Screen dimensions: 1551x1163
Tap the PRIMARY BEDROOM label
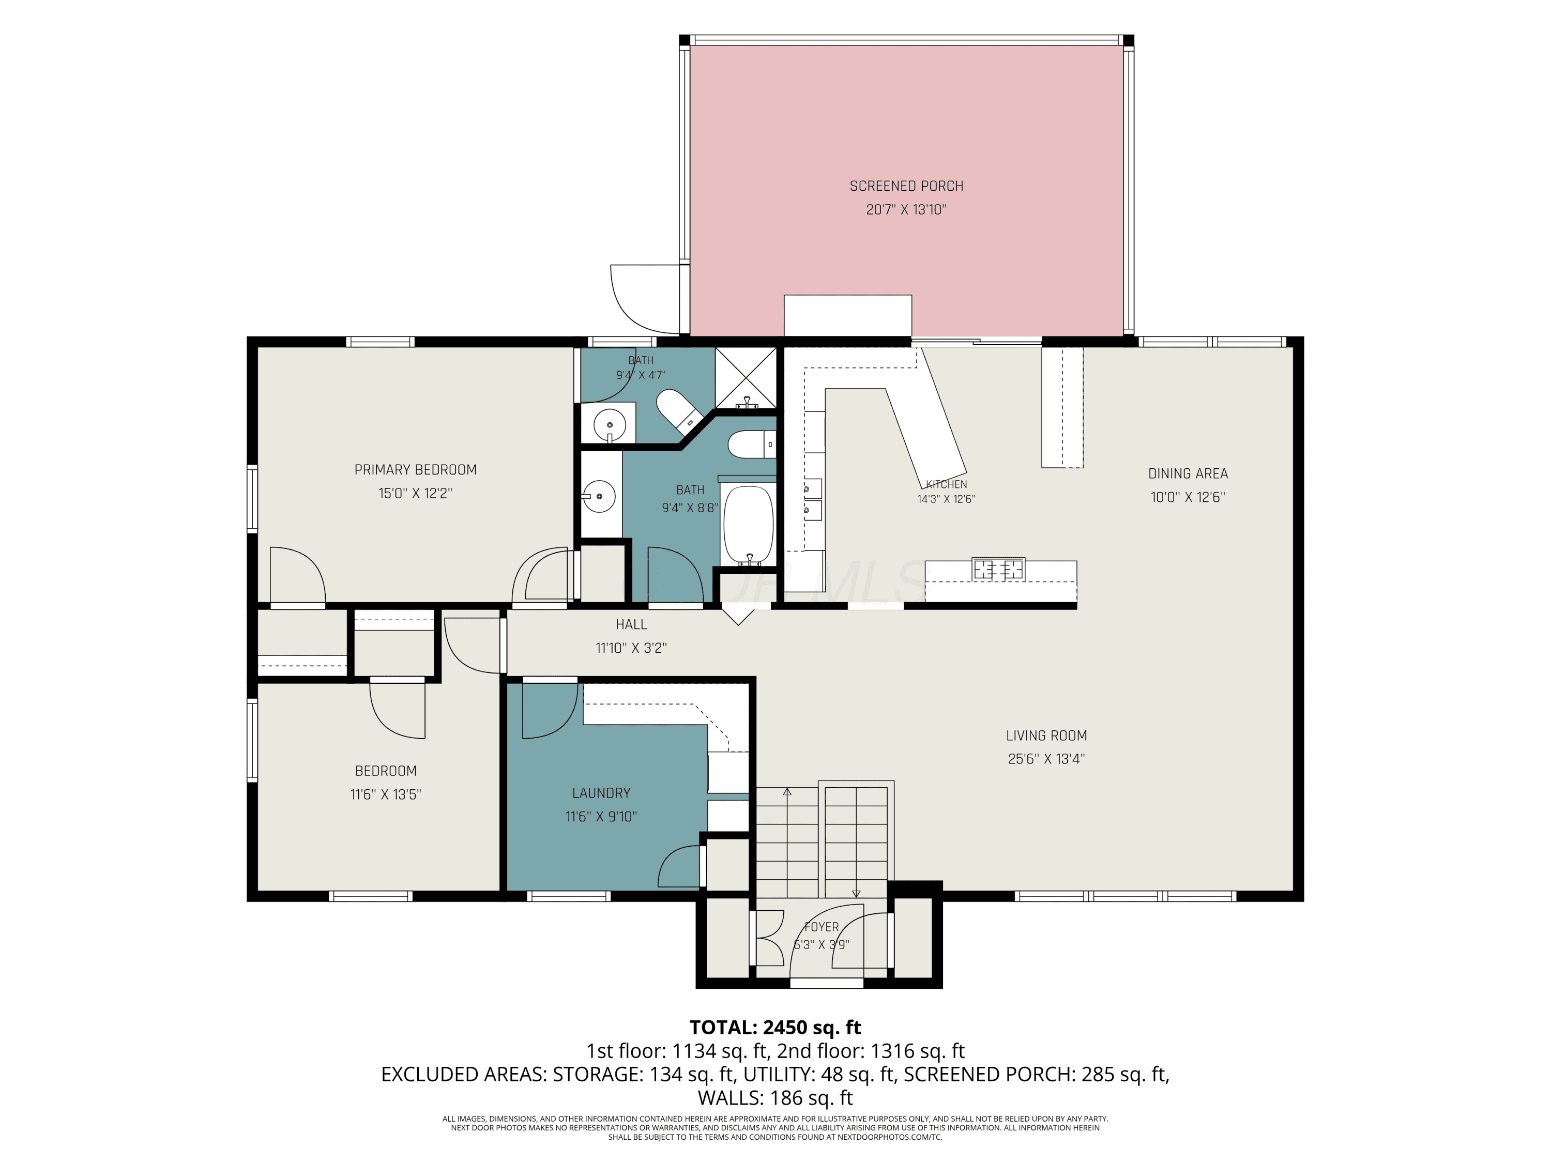[415, 470]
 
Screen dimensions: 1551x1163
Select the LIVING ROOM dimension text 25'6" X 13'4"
[1046, 758]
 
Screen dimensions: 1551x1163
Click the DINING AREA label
[1188, 474]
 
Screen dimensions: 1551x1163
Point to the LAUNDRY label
[601, 793]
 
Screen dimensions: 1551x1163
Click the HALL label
[631, 624]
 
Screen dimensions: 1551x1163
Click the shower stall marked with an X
[746, 378]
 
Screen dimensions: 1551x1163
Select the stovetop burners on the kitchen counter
[998, 569]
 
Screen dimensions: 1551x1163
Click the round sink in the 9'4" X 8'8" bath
[600, 496]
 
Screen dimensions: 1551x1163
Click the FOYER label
[821, 927]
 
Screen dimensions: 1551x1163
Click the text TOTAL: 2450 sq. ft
[775, 1028]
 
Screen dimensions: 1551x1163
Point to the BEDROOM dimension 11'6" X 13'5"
[386, 794]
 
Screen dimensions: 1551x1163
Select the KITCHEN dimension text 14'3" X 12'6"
[946, 499]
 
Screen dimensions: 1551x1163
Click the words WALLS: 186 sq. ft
[775, 1098]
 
